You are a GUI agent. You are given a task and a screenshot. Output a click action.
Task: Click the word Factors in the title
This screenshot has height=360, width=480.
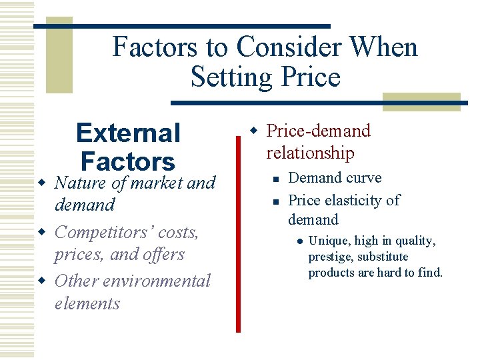click(153, 47)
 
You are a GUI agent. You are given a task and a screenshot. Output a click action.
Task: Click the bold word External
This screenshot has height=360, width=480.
click(128, 133)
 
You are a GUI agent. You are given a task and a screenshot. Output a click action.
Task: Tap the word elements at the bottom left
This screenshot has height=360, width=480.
click(87, 304)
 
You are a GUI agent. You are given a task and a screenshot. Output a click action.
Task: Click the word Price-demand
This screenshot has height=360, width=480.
click(318, 131)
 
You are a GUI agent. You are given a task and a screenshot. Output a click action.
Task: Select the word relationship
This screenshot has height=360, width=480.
click(310, 153)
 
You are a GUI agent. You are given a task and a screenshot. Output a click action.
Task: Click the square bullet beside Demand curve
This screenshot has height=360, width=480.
click(273, 179)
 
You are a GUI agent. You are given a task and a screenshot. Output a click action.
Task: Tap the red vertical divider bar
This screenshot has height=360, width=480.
click(238, 233)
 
